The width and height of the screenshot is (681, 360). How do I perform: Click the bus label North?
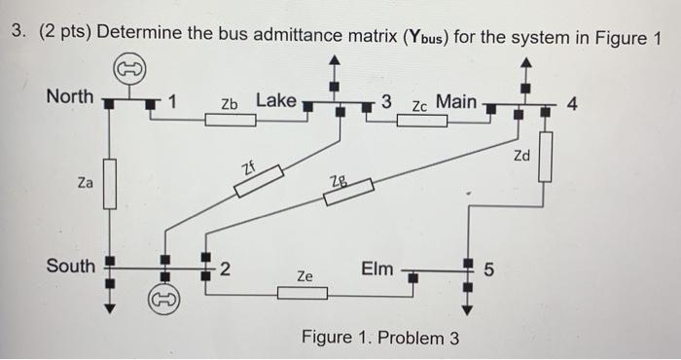69,97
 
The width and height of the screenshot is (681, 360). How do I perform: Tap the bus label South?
71,266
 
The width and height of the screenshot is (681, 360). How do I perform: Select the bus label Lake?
276,100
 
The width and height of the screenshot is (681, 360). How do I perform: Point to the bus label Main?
456,100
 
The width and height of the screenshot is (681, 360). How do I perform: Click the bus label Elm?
376,267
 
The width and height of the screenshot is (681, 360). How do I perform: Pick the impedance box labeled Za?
110,184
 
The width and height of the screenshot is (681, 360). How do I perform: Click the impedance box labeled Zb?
231,121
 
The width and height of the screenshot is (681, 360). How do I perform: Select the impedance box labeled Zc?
421,121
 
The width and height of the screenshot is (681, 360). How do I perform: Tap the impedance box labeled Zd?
545,157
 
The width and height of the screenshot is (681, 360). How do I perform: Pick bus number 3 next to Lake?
386,100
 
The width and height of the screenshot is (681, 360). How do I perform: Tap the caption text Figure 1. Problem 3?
380,338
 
